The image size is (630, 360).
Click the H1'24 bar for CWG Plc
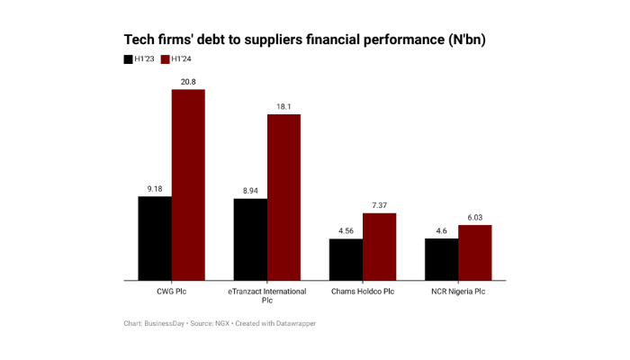click(188, 184)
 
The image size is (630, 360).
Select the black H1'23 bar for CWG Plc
click(155, 238)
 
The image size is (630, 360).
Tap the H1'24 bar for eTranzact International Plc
click(283, 197)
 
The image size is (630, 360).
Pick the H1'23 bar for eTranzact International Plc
click(250, 238)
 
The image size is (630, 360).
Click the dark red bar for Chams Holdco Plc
click(379, 247)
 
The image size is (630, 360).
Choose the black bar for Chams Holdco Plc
click(346, 259)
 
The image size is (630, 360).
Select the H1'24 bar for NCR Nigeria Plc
click(474, 252)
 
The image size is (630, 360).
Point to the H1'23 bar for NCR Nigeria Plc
click(441, 259)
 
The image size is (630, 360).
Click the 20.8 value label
click(188, 82)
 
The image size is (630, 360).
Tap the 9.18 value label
click(155, 188)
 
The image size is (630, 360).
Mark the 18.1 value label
click(283, 107)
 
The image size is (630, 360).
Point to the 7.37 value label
click(379, 205)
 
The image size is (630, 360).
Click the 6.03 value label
click(474, 217)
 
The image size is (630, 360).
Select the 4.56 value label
click(346, 231)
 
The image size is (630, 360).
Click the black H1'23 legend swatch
click(128, 59)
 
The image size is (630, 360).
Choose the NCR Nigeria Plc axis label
click(457, 291)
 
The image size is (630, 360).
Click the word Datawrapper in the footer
click(296, 323)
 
